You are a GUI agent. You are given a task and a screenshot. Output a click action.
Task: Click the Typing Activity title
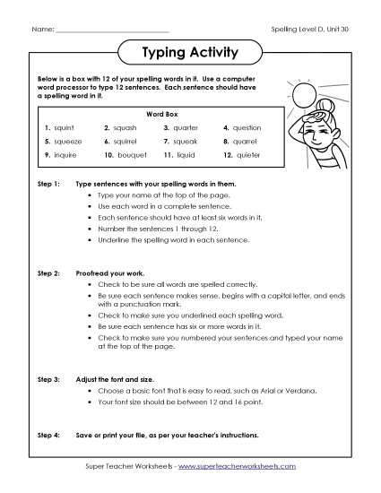[190, 53]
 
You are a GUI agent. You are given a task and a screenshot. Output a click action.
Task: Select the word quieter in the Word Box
[247, 155]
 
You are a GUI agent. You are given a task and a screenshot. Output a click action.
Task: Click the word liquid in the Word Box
[185, 155]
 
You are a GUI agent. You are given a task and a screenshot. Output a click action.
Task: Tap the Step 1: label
[48, 182]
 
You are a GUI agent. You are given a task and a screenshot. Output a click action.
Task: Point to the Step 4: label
[48, 435]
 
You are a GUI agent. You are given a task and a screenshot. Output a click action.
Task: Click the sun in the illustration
[306, 95]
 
